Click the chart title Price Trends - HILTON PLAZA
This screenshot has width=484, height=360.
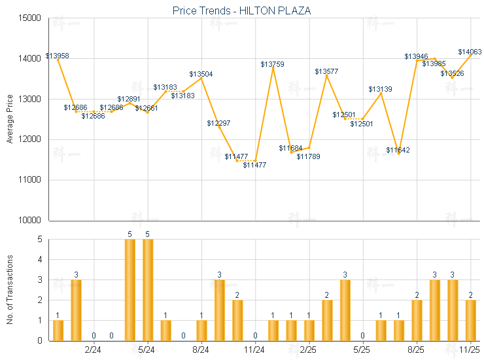[241, 10]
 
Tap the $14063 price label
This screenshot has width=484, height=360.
[470, 52]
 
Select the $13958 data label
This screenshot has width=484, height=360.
[57, 56]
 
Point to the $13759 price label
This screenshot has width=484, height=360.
[272, 64]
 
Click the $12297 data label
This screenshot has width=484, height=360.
[218, 123]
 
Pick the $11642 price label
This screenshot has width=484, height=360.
[398, 150]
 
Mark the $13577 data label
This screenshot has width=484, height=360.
[326, 71]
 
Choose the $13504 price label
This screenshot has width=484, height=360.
[201, 75]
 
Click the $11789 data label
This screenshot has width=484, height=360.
[308, 156]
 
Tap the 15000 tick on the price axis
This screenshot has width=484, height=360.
[31, 18]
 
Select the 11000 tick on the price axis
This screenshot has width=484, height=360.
[31, 179]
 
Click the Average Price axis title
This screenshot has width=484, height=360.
[10, 119]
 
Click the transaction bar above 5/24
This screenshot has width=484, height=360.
[148, 290]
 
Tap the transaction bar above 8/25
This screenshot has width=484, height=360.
[417, 320]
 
